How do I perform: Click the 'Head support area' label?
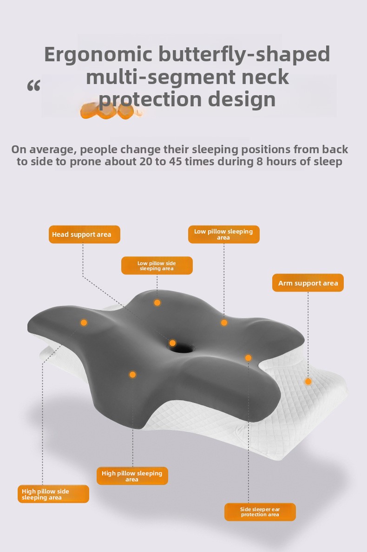click(85, 234)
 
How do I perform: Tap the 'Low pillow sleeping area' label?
click(223, 234)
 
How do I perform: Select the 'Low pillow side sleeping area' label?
click(157, 266)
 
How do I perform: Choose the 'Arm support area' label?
click(308, 283)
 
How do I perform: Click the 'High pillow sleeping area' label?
click(132, 476)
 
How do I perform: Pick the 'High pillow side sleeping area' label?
click(53, 494)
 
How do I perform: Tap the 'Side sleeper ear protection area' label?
click(260, 512)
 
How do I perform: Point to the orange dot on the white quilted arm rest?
click(308, 381)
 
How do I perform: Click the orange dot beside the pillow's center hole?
click(172, 343)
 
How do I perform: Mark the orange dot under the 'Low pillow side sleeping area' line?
click(157, 302)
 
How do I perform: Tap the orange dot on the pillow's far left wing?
click(84, 323)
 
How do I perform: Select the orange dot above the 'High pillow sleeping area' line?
click(132, 375)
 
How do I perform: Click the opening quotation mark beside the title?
click(34, 85)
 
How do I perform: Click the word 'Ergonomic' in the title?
click(98, 55)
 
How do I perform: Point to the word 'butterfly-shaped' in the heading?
click(244, 55)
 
